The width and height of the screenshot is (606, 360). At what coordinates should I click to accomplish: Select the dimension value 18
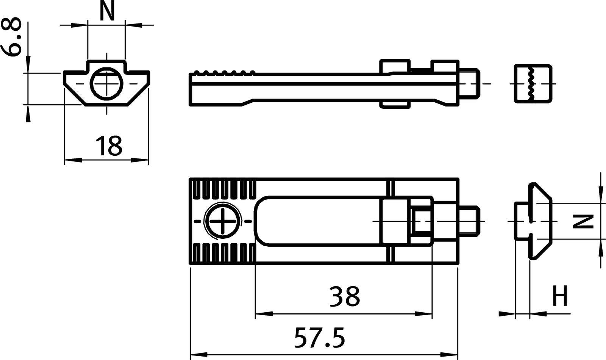click(x=109, y=146)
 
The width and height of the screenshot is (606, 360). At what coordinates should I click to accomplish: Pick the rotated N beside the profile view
click(x=582, y=221)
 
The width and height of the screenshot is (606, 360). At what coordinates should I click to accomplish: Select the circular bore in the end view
click(x=106, y=82)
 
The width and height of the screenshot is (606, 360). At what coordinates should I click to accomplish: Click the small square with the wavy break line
click(x=532, y=83)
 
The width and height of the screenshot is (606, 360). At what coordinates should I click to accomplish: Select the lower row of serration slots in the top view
click(x=223, y=253)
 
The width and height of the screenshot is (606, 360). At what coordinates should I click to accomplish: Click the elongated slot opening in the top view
click(x=318, y=221)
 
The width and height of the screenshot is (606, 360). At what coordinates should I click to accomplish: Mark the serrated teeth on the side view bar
click(x=223, y=72)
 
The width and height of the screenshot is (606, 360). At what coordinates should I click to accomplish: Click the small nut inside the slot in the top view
click(x=420, y=221)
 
